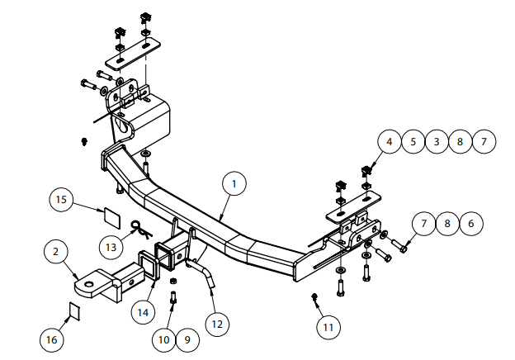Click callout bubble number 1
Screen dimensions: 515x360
tap(234, 183)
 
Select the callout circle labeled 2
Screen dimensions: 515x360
tap(55, 252)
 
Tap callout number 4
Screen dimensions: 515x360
tap(390, 141)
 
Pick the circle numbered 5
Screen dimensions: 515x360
tap(413, 141)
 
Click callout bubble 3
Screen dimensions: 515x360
tap(437, 141)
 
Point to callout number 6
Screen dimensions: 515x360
tap(471, 224)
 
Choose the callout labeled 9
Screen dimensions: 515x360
tap(187, 339)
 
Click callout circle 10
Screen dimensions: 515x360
tap(164, 339)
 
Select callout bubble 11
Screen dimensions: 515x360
tap(328, 327)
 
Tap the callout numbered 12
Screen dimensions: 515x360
tap(217, 324)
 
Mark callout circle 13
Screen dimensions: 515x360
tap(111, 247)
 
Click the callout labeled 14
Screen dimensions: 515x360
tap(143, 312)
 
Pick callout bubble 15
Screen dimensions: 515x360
tap(61, 199)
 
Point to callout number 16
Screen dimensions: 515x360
tap(52, 339)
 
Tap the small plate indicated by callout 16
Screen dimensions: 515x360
tap(74, 311)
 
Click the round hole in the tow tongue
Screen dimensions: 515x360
tap(88, 285)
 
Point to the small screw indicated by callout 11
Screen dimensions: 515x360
tap(314, 297)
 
